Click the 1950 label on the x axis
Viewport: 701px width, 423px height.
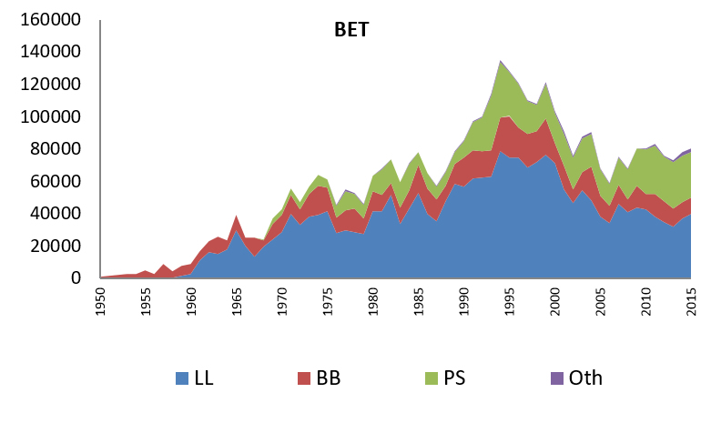point(101,301)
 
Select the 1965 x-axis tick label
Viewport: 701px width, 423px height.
point(238,301)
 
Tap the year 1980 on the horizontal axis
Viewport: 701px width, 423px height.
point(374,301)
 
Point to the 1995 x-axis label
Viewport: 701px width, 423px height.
point(511,301)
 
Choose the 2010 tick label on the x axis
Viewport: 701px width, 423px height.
point(647,301)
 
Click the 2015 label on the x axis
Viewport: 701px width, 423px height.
point(693,301)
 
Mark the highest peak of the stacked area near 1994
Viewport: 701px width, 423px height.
point(501,61)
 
